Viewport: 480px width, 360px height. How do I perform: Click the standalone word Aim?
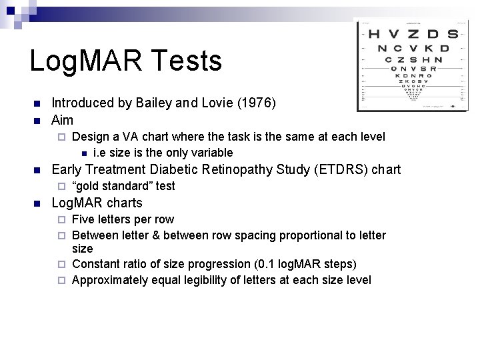click(x=62, y=120)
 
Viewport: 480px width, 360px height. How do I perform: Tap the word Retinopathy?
click(x=218, y=169)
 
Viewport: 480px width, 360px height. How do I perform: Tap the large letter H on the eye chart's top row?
click(x=375, y=34)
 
